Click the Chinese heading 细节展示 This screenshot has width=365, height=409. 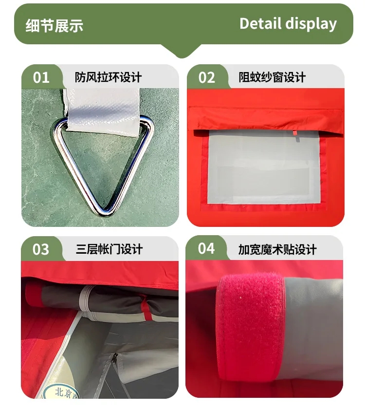pos(54,26)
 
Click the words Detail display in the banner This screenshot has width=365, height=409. pos(288,24)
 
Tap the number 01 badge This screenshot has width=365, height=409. pos(41,77)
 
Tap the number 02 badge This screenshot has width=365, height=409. pos(206,77)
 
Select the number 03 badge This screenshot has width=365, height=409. pos(41,249)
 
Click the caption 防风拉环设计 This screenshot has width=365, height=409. pos(108,77)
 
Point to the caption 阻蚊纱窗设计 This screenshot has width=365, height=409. pos(272,77)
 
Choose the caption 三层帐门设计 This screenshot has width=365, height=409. pos(109,249)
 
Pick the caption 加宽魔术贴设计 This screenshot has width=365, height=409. pos(277,250)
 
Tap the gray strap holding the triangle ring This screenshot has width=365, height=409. pos(103,111)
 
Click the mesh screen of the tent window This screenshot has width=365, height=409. pos(264,167)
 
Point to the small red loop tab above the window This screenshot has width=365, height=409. pos(294,133)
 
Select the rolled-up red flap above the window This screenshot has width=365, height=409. pos(266,119)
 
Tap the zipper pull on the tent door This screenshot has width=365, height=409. pos(114,359)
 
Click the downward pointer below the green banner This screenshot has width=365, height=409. pos(182,51)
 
